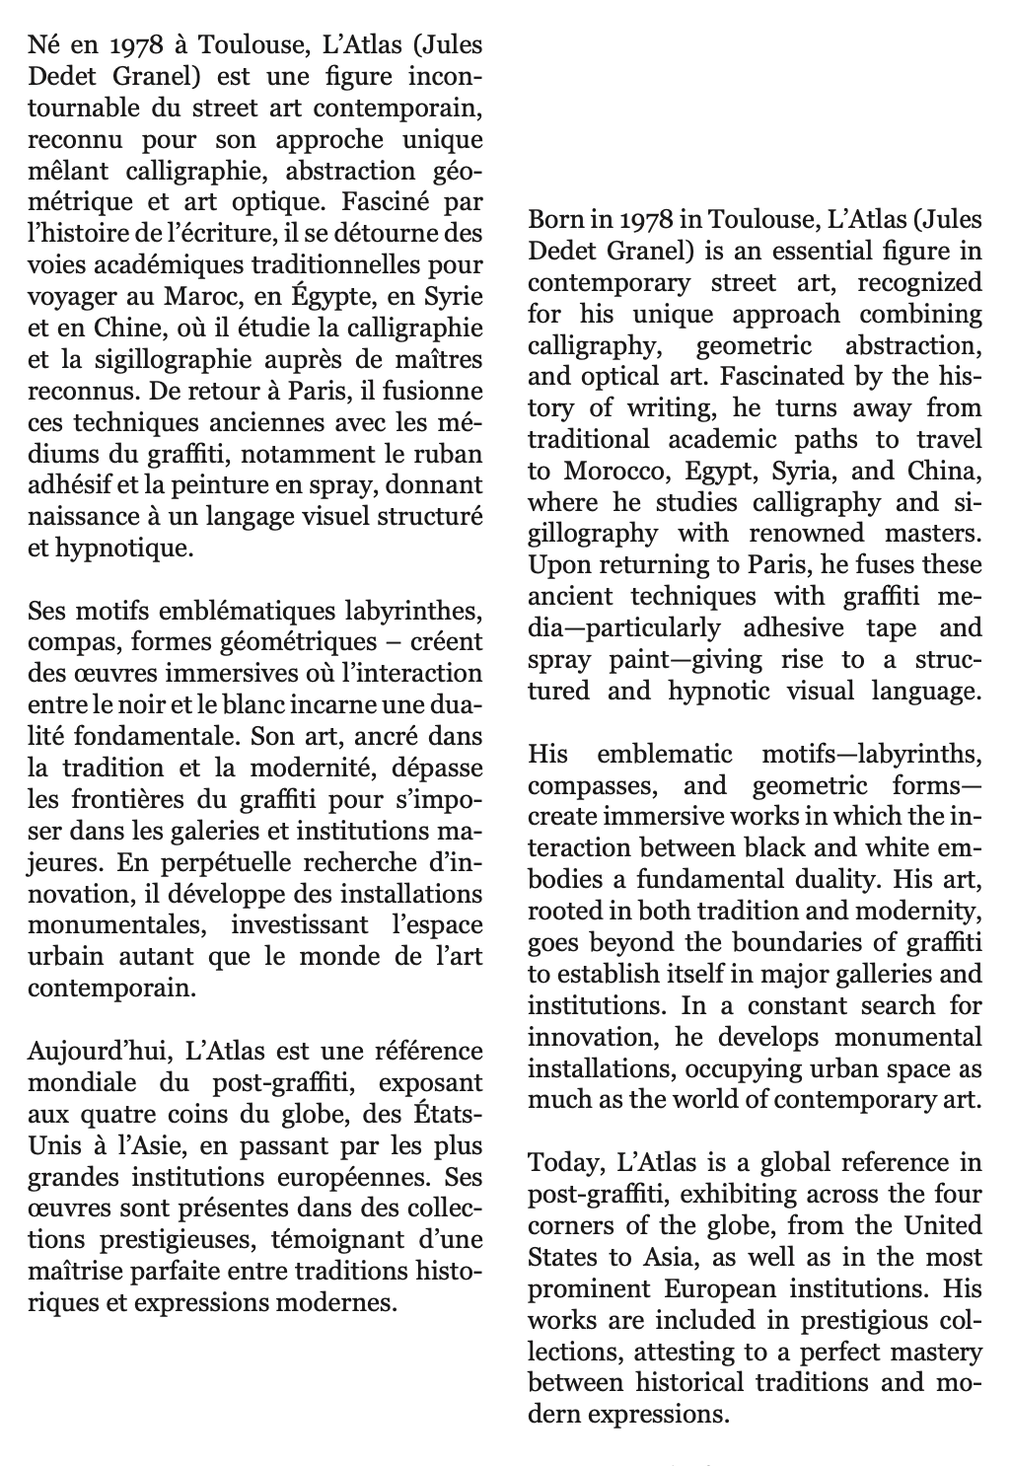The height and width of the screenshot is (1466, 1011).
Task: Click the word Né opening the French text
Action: pos(43,44)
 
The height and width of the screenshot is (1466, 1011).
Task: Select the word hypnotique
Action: pos(124,549)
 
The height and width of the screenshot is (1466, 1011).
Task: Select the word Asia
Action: pos(662,1258)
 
